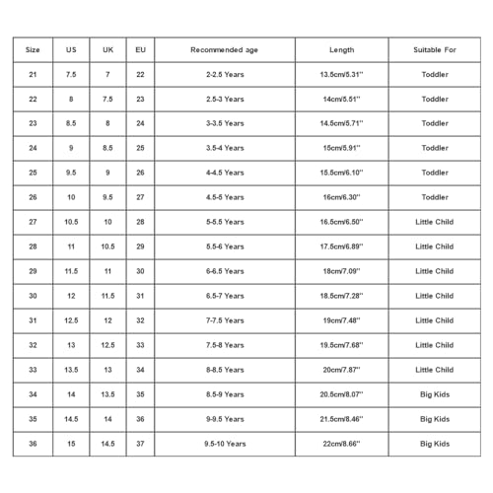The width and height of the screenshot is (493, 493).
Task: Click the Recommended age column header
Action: click(x=225, y=49)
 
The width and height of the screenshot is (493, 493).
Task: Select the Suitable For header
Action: click(x=435, y=49)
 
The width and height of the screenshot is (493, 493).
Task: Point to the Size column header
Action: click(x=33, y=49)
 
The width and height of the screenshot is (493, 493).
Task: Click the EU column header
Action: click(x=140, y=49)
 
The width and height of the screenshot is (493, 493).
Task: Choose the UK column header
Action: click(x=107, y=49)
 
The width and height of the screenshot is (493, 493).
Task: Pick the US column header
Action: click(x=71, y=49)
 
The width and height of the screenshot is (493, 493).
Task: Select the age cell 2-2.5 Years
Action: click(x=225, y=74)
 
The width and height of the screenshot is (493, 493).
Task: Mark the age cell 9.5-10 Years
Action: click(x=225, y=444)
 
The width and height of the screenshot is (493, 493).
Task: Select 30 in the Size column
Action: click(x=33, y=296)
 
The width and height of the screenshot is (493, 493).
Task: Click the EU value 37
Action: click(x=140, y=444)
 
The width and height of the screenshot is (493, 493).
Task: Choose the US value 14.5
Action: click(x=71, y=419)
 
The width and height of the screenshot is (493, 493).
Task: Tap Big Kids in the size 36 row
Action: click(x=435, y=444)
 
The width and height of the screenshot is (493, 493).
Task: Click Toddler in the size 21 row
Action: click(x=435, y=74)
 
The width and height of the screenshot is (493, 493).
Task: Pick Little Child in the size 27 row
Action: click(x=435, y=222)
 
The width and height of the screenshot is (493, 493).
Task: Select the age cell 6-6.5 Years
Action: click(x=225, y=271)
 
